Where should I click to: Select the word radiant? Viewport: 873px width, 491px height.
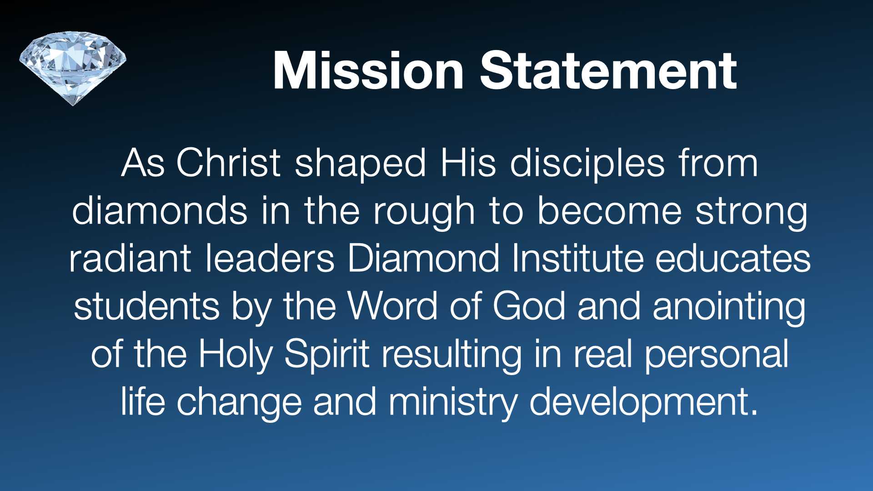[130, 258]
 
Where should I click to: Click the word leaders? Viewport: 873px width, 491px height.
[270, 258]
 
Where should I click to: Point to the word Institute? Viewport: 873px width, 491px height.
[577, 258]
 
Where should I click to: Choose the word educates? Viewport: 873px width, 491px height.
[733, 258]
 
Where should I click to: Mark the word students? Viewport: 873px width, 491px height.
[147, 306]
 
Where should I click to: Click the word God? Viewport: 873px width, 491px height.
[529, 306]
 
